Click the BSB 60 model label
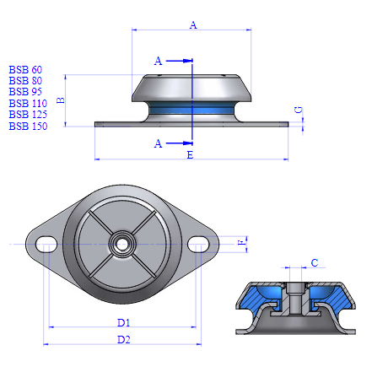(25, 69)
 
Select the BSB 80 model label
(25, 80)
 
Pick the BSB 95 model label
(25, 91)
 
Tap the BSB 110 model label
(27, 103)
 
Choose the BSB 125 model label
(27, 114)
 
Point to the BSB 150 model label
(27, 126)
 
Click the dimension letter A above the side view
(193, 25)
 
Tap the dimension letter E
(189, 156)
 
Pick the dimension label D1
(124, 322)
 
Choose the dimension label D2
(124, 340)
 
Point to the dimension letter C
(314, 263)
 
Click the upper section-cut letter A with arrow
(158, 61)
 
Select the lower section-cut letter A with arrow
(158, 144)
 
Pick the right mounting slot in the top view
(199, 245)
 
